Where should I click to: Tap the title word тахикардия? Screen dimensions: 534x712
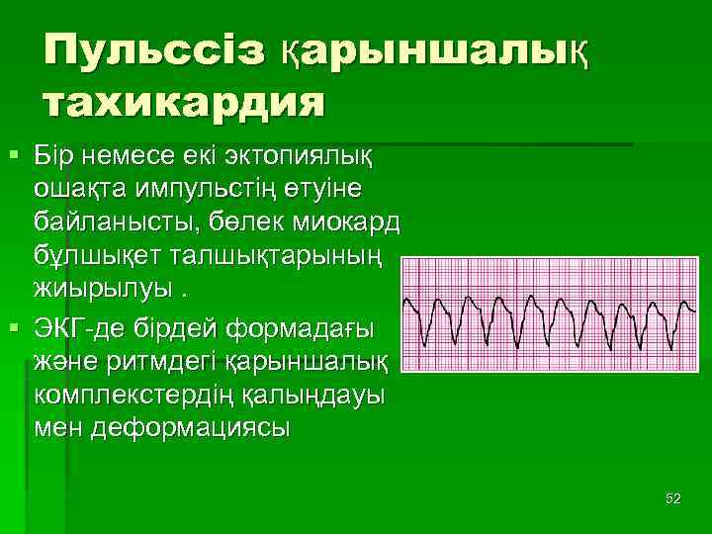point(184,102)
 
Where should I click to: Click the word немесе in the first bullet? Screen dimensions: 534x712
point(131,155)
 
